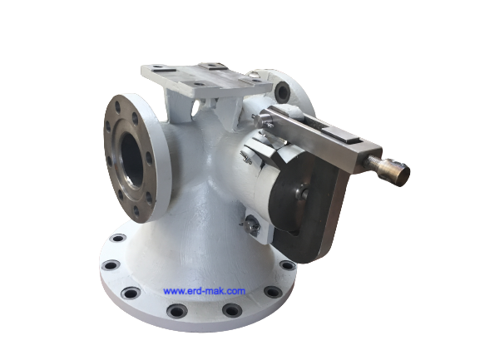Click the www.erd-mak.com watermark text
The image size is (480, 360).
pyautogui.click(x=204, y=291)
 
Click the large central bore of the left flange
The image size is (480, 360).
pyautogui.click(x=131, y=160)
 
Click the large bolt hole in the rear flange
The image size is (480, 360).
pyautogui.click(x=282, y=91)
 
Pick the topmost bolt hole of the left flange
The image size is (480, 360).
pyautogui.click(x=117, y=107)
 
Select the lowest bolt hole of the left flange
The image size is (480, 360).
pyautogui.click(x=136, y=210)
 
